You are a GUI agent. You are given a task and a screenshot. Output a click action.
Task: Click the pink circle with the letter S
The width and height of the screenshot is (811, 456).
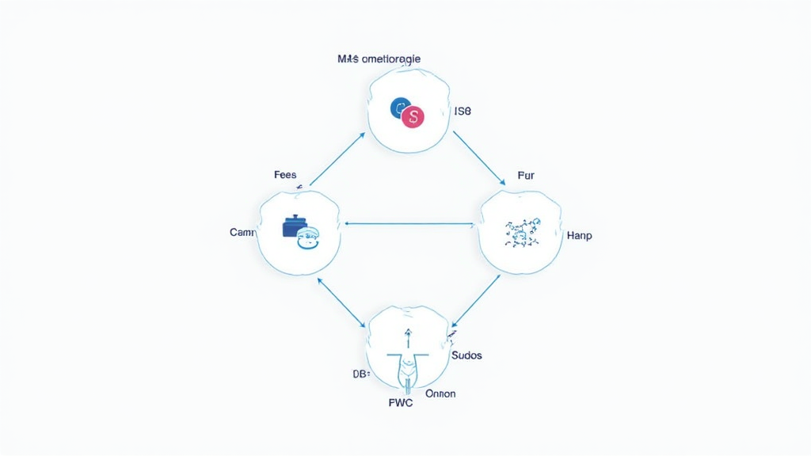click(413, 117)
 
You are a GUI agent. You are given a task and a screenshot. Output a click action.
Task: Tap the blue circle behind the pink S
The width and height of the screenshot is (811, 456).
click(400, 108)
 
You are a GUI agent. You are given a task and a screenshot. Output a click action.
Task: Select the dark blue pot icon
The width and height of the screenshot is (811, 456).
click(294, 226)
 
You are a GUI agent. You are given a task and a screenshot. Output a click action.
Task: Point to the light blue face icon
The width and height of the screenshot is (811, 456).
click(308, 237)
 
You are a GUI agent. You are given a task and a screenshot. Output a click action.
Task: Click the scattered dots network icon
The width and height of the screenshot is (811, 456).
click(521, 231)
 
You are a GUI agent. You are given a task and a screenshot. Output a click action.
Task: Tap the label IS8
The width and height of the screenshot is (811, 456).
click(463, 112)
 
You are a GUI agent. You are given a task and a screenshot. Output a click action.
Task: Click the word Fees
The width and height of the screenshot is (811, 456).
click(285, 174)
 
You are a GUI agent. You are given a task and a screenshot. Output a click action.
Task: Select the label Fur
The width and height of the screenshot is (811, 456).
click(526, 175)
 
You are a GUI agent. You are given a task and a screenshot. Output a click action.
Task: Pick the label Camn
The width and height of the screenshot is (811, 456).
click(242, 233)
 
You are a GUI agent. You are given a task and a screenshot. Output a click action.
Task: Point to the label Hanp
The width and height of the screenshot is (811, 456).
click(580, 236)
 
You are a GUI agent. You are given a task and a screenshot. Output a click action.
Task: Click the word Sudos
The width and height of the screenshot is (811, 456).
click(466, 355)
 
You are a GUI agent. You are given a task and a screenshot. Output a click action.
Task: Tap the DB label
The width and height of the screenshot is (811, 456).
click(360, 373)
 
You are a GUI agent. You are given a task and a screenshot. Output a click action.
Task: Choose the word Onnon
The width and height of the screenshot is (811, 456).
click(440, 393)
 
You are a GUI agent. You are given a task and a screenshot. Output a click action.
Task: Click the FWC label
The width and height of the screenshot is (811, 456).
click(402, 402)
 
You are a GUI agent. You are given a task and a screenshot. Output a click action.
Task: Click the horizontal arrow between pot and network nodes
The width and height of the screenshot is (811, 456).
click(410, 223)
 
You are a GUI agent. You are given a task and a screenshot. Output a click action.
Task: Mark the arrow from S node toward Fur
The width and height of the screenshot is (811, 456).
click(479, 158)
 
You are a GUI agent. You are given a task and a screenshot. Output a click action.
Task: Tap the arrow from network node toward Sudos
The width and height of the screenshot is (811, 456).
click(475, 301)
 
